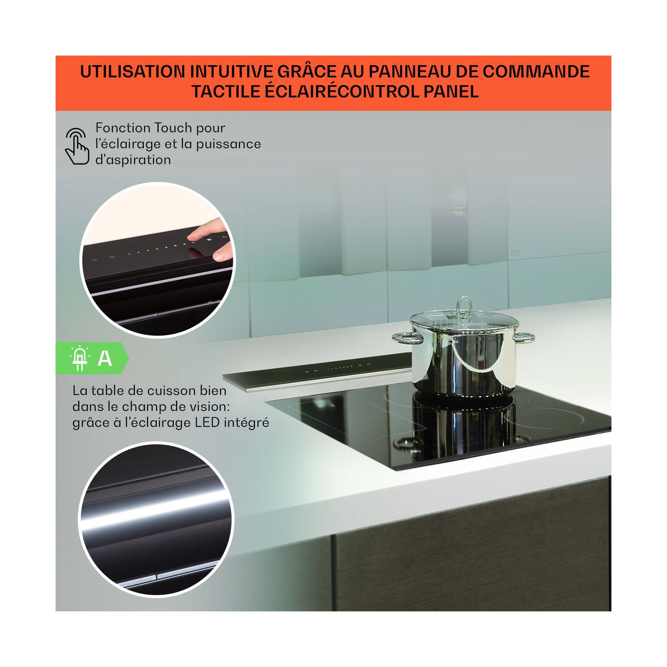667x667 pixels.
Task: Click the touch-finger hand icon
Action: [77, 146]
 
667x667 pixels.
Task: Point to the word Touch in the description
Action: [173, 128]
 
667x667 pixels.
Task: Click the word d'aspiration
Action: [133, 160]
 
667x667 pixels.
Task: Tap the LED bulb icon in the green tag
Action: [80, 358]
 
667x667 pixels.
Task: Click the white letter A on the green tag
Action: [105, 358]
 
